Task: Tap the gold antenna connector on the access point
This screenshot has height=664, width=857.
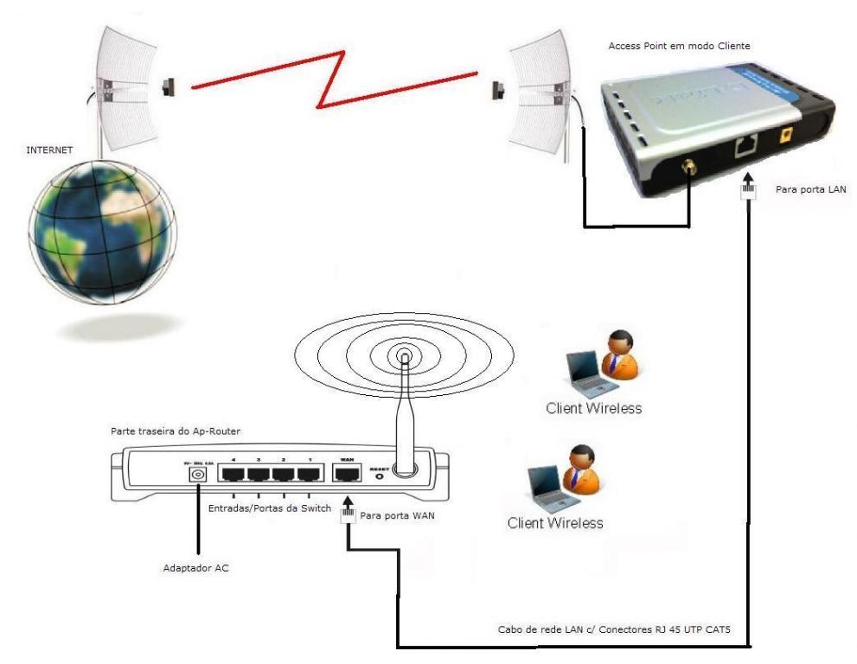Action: [x=689, y=166]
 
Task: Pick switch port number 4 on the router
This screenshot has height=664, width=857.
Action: [x=233, y=475]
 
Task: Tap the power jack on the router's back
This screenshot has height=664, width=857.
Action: [x=198, y=475]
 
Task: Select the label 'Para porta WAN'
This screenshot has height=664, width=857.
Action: [x=396, y=516]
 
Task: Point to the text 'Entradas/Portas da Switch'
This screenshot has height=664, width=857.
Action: [x=269, y=508]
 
